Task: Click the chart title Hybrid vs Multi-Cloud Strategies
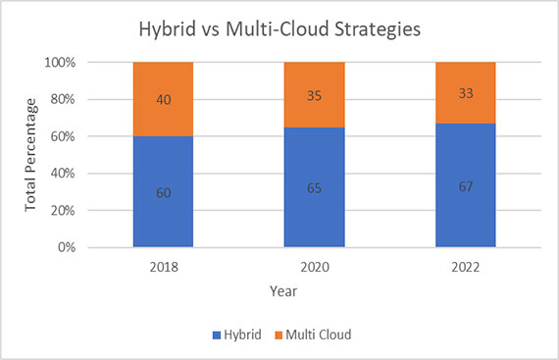(x=279, y=29)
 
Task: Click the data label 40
(x=163, y=99)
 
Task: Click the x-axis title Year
(x=283, y=290)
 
